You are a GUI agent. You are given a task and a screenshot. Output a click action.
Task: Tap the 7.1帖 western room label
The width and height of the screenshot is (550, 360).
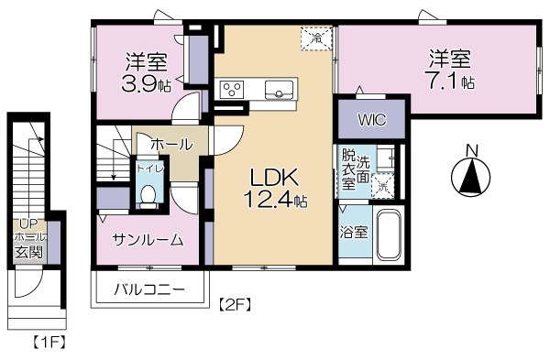449,70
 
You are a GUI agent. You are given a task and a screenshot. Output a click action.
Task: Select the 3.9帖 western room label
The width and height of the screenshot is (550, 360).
147,73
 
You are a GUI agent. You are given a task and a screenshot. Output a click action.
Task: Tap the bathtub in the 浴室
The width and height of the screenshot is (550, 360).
389,236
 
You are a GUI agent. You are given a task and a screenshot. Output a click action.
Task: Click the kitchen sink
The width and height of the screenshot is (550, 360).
279,89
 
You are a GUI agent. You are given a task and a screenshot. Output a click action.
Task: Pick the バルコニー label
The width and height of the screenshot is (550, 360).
149,290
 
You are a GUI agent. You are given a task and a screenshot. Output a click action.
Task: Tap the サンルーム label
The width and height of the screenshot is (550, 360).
148,240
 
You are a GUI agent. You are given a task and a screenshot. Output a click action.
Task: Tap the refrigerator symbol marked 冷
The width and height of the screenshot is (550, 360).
315,38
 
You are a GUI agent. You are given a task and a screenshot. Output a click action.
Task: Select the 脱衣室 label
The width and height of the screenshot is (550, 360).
348,169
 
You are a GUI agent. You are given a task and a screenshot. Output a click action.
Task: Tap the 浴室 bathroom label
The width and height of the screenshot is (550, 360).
355,231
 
